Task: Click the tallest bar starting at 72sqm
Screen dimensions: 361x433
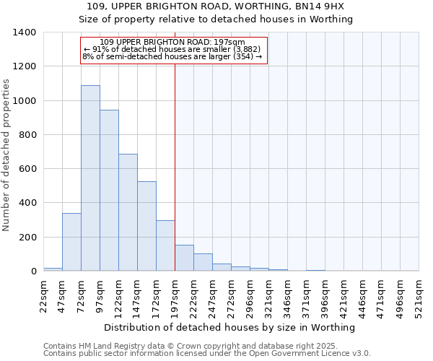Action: tap(90, 178)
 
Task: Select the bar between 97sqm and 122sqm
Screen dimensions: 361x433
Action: tap(109, 191)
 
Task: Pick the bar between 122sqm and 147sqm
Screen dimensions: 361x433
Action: tap(128, 212)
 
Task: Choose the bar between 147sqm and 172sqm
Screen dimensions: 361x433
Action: tap(146, 226)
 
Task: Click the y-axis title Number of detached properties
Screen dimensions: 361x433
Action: tap(7, 155)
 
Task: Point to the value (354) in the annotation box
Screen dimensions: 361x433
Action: tap(242, 56)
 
